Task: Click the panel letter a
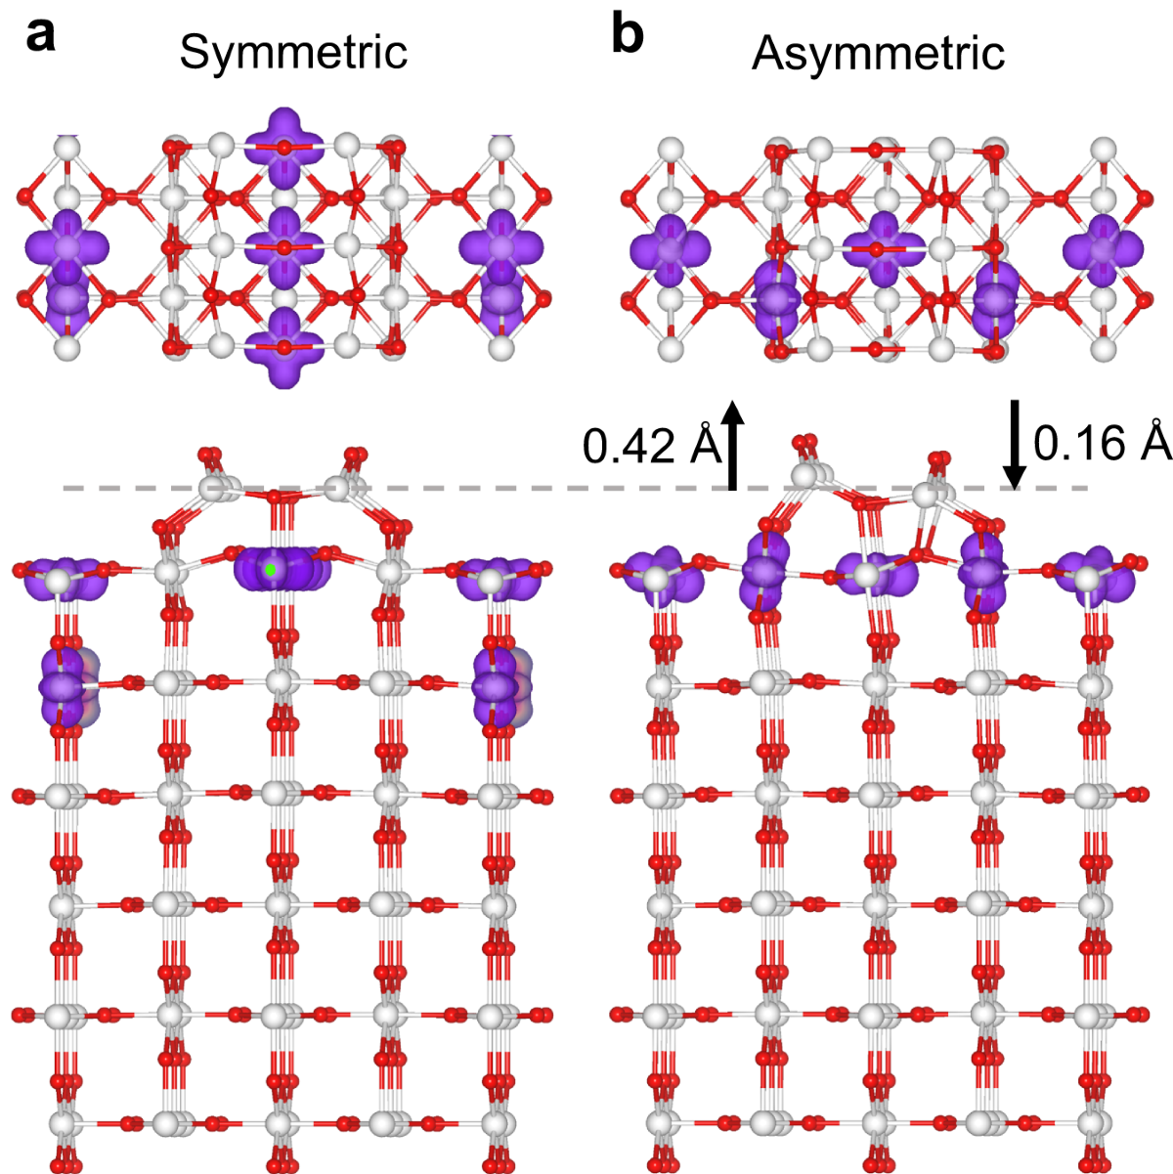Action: (x=41, y=36)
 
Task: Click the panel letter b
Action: (x=629, y=36)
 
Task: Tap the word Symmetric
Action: (x=293, y=52)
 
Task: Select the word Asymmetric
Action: (x=878, y=52)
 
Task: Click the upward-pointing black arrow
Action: (x=731, y=445)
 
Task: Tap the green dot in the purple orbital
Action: (x=270, y=568)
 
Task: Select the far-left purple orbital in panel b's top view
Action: (x=670, y=250)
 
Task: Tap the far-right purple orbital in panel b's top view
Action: (x=1102, y=250)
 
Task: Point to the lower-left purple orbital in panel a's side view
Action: (x=64, y=684)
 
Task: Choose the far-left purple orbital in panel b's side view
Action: (x=661, y=577)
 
